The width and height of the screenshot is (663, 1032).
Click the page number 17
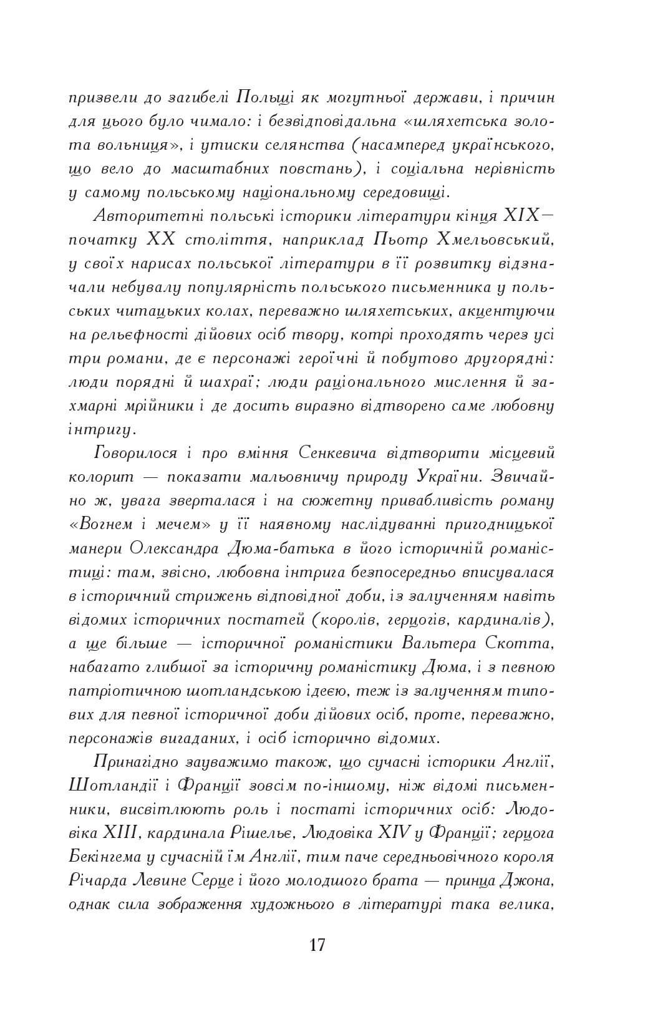(x=316, y=944)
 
